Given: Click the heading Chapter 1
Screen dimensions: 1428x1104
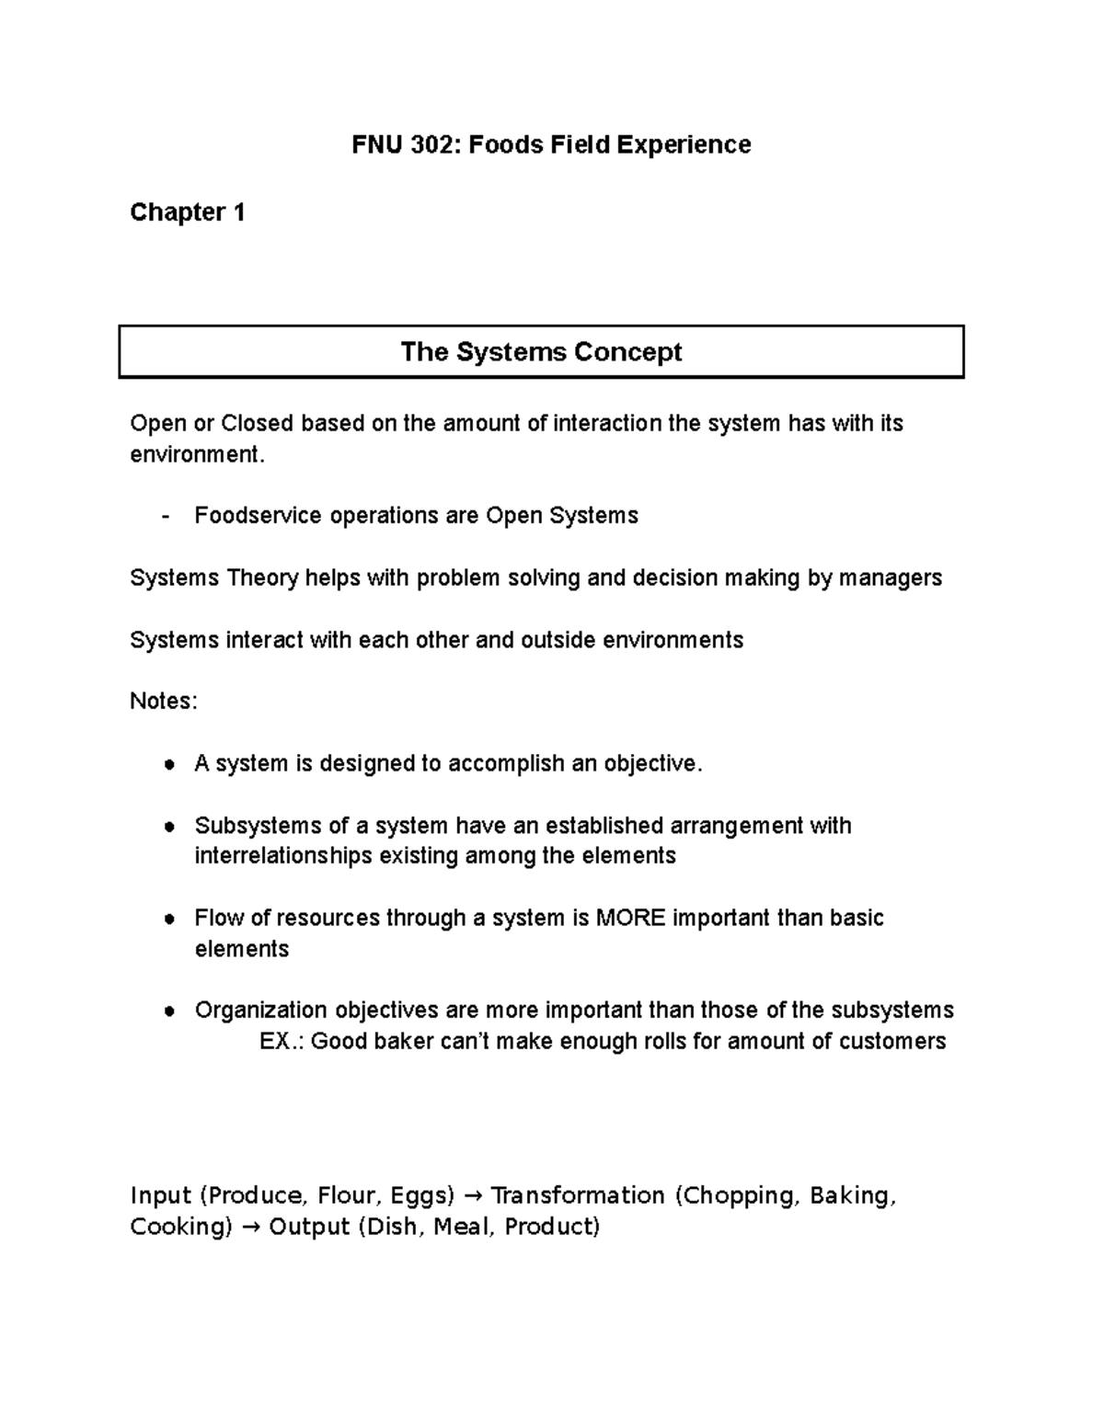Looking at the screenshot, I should pyautogui.click(x=188, y=212).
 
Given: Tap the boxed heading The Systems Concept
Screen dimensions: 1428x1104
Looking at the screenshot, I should pyautogui.click(x=541, y=352).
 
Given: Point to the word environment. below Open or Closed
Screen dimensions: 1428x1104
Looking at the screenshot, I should pyautogui.click(x=197, y=454).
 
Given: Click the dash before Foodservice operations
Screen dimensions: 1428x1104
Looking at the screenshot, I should pyautogui.click(x=165, y=516).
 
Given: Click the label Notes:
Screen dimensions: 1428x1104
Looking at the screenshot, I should pyautogui.click(x=164, y=701).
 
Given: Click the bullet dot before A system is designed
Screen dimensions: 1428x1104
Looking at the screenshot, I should pyautogui.click(x=168, y=765).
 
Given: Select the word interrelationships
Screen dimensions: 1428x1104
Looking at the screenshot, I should pyautogui.click(x=282, y=856).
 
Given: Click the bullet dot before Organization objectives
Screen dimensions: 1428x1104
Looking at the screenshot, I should pyautogui.click(x=168, y=1011).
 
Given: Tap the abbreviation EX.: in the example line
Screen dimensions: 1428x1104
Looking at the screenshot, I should pyautogui.click(x=282, y=1041).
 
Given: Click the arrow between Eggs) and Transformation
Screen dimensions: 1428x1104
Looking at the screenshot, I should pyautogui.click(x=472, y=1196).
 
